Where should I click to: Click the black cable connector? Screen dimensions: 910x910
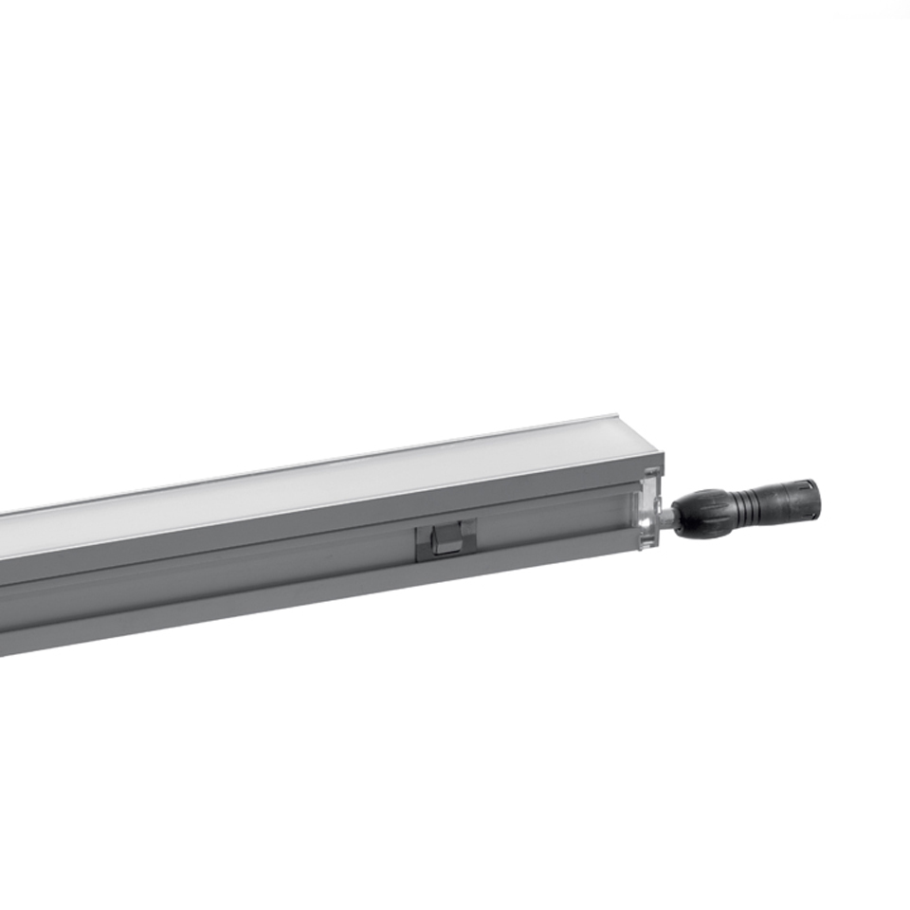pyautogui.click(x=749, y=509)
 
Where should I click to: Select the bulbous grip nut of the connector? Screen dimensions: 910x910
pyautogui.click(x=703, y=514)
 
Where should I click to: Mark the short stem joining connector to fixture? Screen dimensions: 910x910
pyautogui.click(x=667, y=519)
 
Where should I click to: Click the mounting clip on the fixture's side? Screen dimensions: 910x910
pyautogui.click(x=446, y=538)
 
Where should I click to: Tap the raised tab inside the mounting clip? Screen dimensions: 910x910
pyautogui.click(x=445, y=541)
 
